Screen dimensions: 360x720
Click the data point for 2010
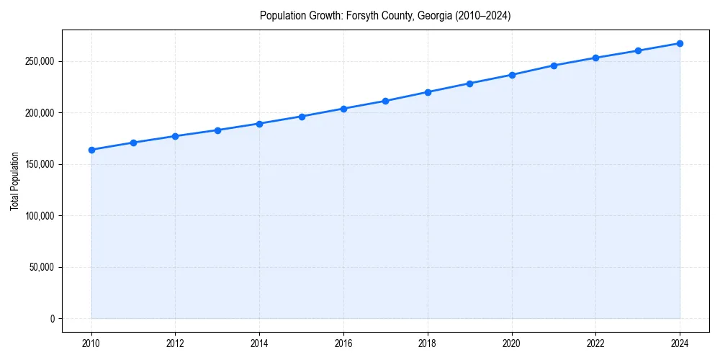pos(91,150)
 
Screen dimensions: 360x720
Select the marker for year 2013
pos(217,130)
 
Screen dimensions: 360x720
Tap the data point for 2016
pos(343,109)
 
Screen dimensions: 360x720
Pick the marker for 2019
pos(469,84)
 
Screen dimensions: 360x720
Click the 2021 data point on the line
pos(554,66)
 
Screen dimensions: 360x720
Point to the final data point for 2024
pos(680,43)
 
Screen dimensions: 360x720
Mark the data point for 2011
pos(133,143)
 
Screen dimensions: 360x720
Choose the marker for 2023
pos(638,50)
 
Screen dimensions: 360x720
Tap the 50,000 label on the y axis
pos(41,267)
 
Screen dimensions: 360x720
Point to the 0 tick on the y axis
pos(52,319)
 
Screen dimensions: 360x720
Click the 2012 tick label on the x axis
pos(175,343)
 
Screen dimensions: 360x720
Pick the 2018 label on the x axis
pos(428,343)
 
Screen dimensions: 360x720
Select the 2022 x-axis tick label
pos(595,343)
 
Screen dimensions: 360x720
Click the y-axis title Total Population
pos(15,181)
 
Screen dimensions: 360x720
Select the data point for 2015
pos(302,117)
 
